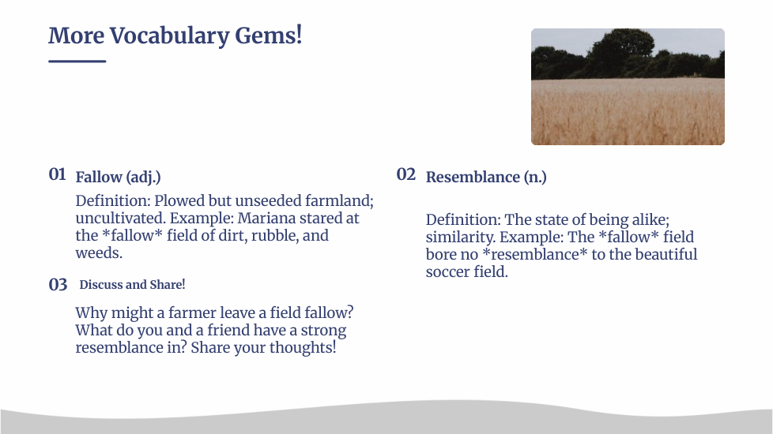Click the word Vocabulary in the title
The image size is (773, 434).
[x=168, y=36]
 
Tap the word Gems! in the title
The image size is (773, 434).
[x=268, y=36]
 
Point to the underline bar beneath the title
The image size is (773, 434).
[x=77, y=61]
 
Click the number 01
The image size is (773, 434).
[x=57, y=174]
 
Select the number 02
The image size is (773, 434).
[x=405, y=174]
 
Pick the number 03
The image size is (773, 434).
[x=58, y=284]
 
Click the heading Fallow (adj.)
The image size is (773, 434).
[x=118, y=177]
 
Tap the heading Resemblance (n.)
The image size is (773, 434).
[x=486, y=177]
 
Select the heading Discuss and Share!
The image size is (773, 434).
[x=132, y=284]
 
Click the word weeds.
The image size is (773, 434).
[x=99, y=253]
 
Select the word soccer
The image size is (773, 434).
[x=447, y=271]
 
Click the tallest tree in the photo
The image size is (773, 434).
[x=623, y=51]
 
